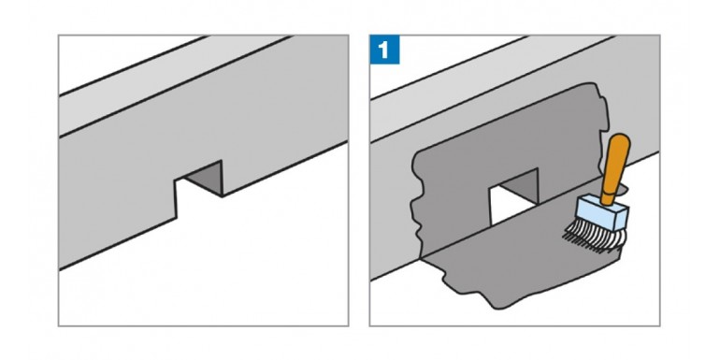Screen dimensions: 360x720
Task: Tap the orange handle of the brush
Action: click(615, 168)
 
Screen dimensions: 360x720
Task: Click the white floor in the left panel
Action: click(234, 271)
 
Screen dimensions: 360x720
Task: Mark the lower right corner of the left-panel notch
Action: click(222, 197)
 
